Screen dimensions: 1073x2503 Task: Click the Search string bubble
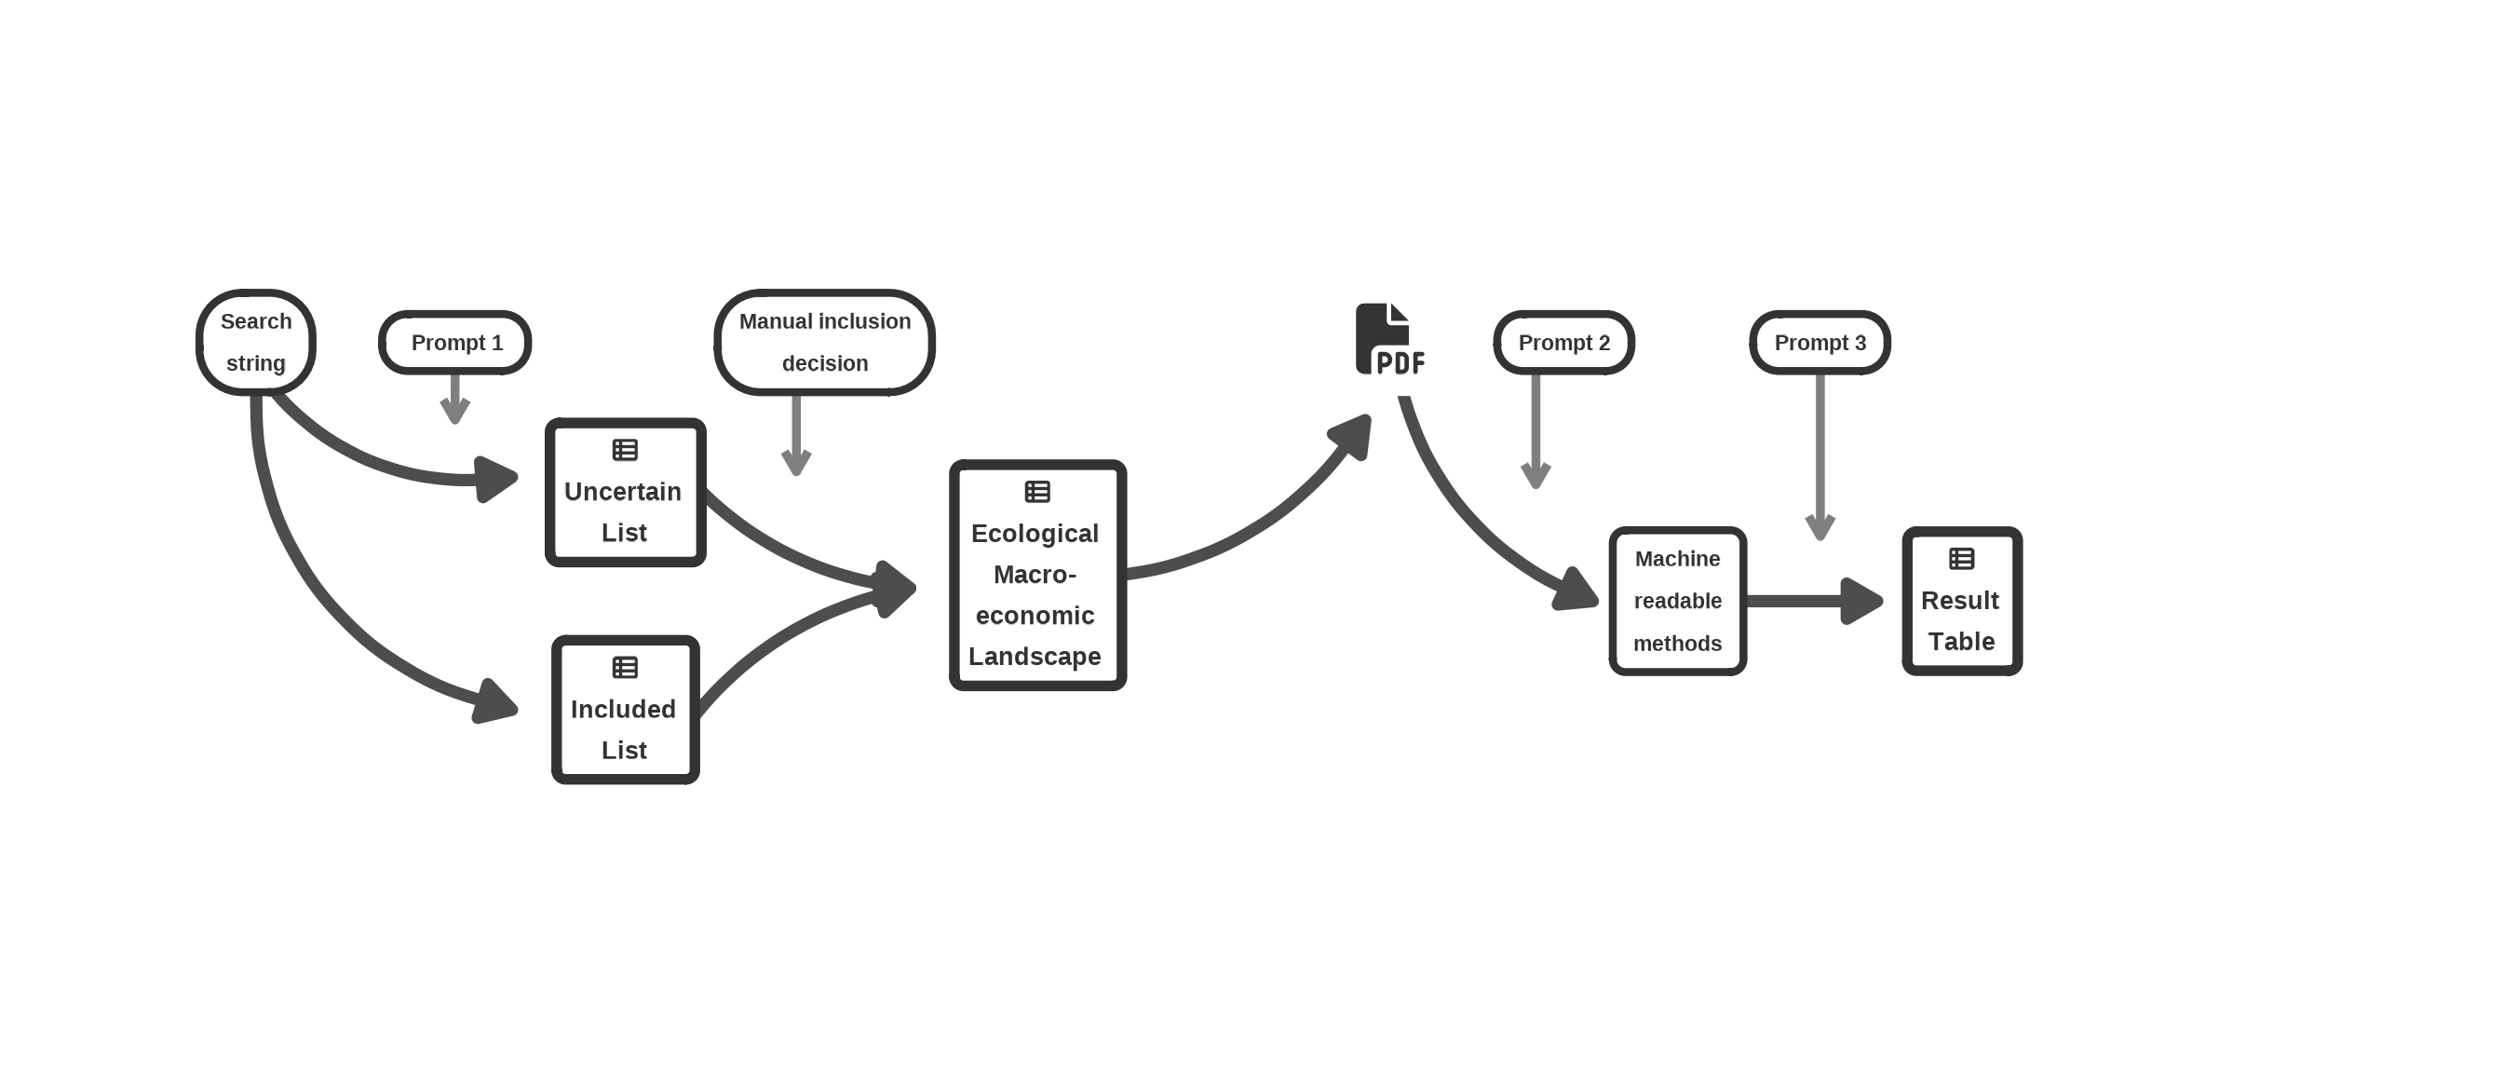click(255, 342)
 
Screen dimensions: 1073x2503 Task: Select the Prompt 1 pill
click(454, 342)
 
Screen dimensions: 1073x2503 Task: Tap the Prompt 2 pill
click(1563, 342)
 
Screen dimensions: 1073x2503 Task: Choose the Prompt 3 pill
click(1819, 342)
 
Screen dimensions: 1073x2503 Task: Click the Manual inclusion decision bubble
click(824, 342)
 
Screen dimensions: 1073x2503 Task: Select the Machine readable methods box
click(1677, 601)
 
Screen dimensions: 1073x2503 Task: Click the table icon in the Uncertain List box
click(625, 450)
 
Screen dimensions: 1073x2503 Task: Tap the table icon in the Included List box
click(625, 668)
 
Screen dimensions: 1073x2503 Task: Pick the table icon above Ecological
click(1036, 492)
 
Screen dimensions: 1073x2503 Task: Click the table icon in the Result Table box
click(1961, 559)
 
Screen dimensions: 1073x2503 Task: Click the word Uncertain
click(623, 492)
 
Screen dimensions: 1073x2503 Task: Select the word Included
click(623, 710)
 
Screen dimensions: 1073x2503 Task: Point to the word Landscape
click(1035, 657)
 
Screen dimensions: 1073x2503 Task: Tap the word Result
click(1960, 601)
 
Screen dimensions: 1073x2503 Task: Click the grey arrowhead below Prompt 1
click(454, 410)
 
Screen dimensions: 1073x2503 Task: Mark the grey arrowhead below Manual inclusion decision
click(796, 462)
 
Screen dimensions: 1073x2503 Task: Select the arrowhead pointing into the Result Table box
click(1860, 601)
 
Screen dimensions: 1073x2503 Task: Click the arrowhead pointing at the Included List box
click(495, 701)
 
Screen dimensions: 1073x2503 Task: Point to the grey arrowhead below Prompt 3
click(1819, 527)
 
